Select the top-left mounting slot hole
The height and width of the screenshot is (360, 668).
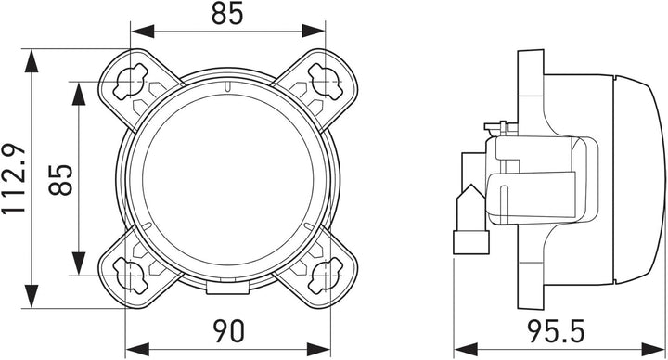click(x=129, y=84)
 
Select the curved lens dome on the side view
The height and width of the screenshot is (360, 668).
click(x=640, y=176)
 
